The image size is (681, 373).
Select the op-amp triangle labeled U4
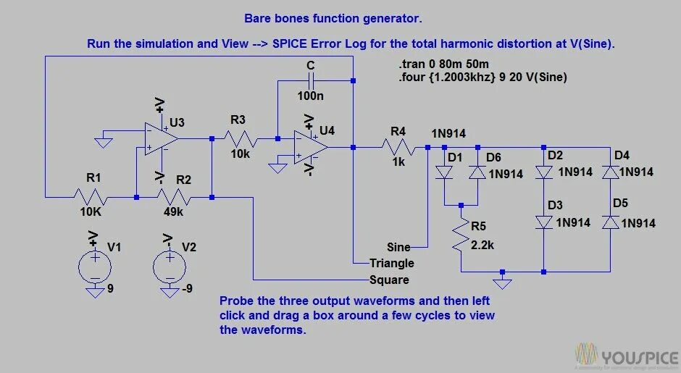[x=310, y=147]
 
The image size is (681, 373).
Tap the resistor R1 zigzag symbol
[x=91, y=196]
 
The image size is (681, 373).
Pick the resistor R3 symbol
[x=239, y=138]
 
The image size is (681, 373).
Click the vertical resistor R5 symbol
[x=461, y=237]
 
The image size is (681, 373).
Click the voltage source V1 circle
[x=95, y=264]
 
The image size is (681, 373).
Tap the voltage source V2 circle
[x=169, y=264]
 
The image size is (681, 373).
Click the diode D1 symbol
[x=443, y=172]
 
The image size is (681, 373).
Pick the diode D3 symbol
[x=544, y=222]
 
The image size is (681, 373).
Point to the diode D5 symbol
[x=610, y=222]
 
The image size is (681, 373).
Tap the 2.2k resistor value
[x=482, y=245]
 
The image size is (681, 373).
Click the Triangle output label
[x=392, y=263]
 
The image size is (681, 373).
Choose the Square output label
[x=389, y=280]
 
